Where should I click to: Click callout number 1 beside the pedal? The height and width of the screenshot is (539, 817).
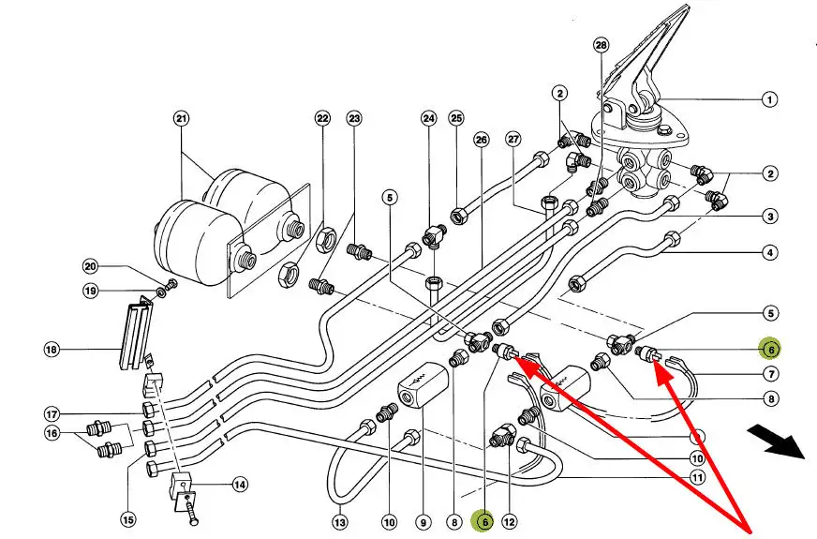click(769, 98)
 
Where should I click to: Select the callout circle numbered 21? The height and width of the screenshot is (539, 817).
click(181, 118)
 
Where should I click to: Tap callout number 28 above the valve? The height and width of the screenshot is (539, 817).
click(601, 45)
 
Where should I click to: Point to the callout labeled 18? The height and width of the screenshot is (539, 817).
click(52, 350)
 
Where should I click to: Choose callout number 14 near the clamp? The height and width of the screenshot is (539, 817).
click(239, 485)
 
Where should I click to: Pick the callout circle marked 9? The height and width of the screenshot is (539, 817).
click(423, 521)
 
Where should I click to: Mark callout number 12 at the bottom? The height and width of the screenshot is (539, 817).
click(510, 521)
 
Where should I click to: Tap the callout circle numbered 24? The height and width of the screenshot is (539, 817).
click(428, 119)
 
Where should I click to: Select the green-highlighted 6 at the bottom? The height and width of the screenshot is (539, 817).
click(483, 521)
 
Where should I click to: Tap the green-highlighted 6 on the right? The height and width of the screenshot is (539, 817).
click(770, 349)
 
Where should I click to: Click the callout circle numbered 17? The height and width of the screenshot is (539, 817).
click(52, 413)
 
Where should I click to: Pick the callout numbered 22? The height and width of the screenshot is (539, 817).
click(322, 119)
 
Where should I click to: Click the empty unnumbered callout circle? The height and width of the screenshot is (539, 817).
click(697, 437)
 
